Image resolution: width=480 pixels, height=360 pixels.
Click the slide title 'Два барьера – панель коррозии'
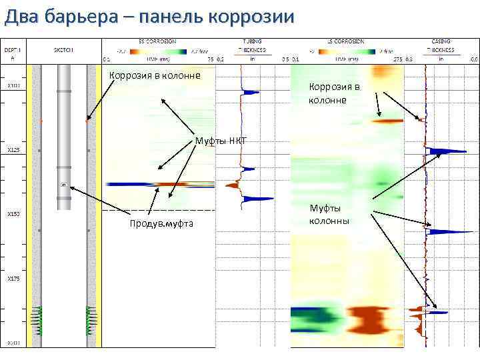149,17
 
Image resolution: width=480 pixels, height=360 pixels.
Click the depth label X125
13,149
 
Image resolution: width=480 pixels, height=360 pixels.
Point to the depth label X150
13,214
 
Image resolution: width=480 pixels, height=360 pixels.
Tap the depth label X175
13,279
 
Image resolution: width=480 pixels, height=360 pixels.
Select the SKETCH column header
64,50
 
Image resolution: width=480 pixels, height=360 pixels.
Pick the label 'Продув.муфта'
161,223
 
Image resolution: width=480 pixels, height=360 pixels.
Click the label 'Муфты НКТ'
221,140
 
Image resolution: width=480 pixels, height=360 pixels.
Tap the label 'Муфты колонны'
329,214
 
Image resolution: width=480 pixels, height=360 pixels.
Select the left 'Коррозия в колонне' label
154,75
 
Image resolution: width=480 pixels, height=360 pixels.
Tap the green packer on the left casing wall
34,319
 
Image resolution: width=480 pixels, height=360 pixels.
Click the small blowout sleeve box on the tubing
64,184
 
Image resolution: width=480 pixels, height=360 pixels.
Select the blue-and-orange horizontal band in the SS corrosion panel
160,184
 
